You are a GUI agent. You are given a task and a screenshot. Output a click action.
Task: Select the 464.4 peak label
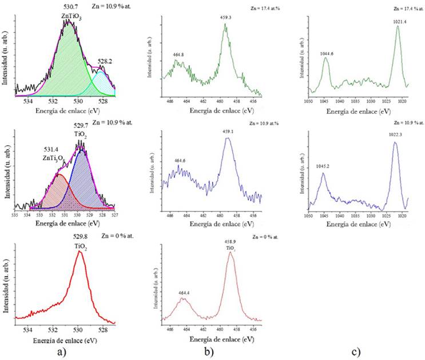pos(184,293)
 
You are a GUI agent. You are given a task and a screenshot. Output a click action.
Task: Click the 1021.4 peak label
pos(399,21)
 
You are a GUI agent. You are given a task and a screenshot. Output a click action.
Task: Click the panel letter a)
pos(63,351)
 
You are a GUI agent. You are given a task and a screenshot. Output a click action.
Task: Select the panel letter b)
pos(208,351)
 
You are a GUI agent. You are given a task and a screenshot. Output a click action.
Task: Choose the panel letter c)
pos(356,351)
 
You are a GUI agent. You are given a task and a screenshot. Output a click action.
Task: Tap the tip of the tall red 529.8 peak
pos(80,251)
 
